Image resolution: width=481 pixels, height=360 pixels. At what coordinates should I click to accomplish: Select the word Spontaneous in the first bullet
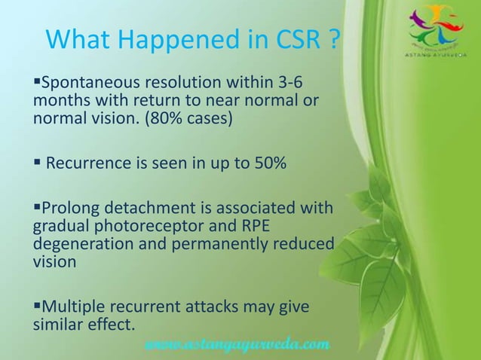[89, 81]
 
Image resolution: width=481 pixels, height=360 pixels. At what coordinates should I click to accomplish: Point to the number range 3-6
[295, 81]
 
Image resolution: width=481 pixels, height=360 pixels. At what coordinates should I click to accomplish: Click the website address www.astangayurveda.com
[236, 344]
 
